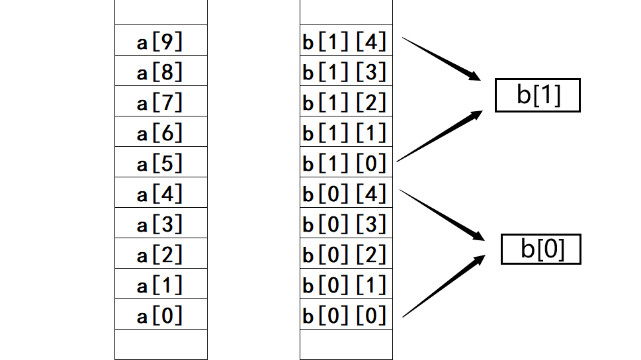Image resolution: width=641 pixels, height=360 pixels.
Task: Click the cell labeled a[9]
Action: [x=161, y=41]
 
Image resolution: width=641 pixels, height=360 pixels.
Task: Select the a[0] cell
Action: [x=161, y=315]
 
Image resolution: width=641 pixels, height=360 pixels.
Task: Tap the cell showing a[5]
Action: [x=161, y=163]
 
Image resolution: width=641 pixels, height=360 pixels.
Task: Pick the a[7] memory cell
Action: [x=161, y=102]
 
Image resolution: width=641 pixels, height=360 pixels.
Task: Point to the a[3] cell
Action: [x=161, y=224]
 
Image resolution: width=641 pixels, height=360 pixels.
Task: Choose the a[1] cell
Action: [x=161, y=285]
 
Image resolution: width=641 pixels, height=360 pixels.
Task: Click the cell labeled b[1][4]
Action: [x=345, y=41]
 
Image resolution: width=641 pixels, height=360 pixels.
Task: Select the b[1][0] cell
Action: [x=345, y=163]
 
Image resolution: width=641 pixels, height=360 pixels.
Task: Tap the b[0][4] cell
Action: [x=345, y=193]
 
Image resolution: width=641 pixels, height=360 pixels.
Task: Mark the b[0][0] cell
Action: [x=345, y=315]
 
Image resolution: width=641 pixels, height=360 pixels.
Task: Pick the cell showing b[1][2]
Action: [x=345, y=102]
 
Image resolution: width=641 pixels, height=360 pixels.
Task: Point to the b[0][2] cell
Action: [x=345, y=254]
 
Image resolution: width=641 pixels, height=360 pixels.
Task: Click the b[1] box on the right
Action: [x=537, y=95]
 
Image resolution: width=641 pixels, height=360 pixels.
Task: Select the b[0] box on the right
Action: [x=540, y=249]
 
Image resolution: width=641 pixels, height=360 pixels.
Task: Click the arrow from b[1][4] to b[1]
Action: [x=442, y=59]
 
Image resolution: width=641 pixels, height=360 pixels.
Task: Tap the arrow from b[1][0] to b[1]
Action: [x=440, y=136]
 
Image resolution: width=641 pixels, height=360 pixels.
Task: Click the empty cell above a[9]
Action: [x=161, y=12]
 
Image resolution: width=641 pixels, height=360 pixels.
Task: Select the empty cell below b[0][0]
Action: [x=345, y=344]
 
